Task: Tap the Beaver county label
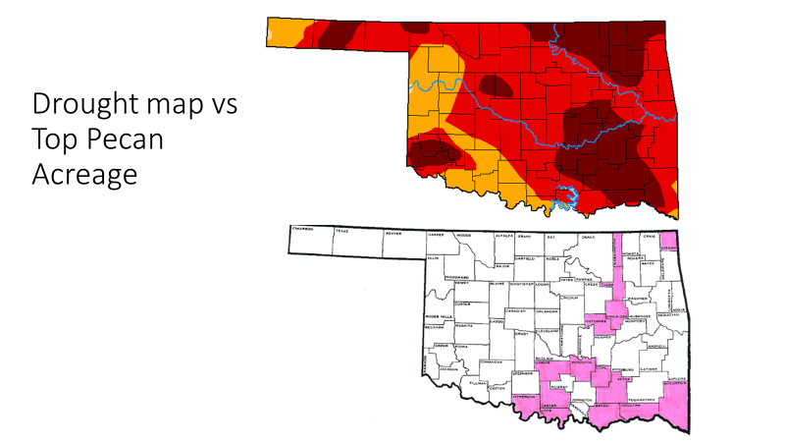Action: [x=392, y=235]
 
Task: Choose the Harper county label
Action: [x=437, y=236]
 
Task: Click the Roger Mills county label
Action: [x=437, y=316]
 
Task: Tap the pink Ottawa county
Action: [x=670, y=248]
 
